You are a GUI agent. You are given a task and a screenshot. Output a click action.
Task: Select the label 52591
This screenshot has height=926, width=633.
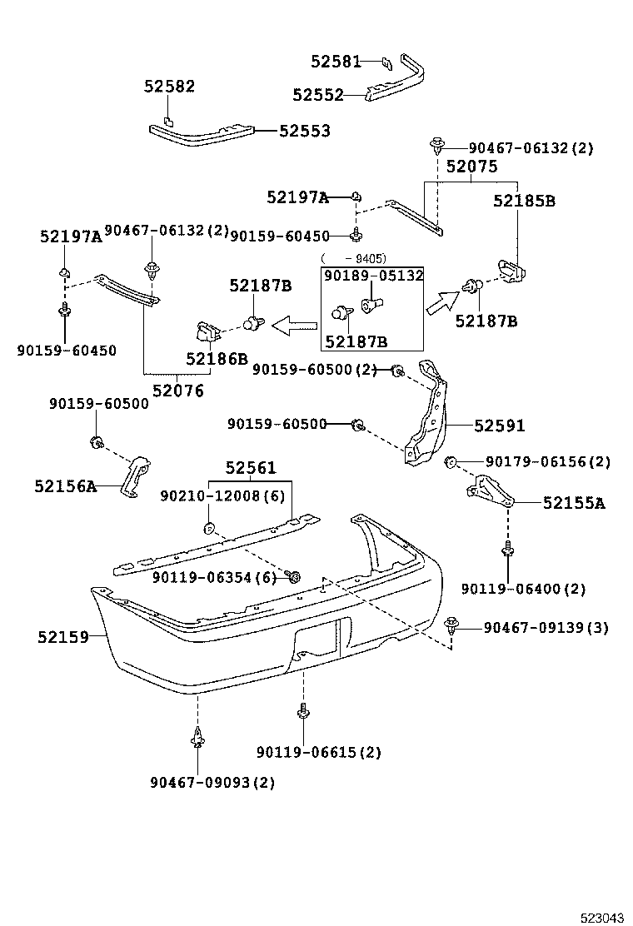tap(500, 426)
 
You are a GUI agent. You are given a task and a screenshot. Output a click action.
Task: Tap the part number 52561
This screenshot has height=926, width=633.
tap(250, 468)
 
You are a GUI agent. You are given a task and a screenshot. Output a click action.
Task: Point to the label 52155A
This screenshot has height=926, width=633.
tap(574, 502)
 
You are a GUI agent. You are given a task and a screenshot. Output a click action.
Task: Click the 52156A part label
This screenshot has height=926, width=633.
tap(66, 485)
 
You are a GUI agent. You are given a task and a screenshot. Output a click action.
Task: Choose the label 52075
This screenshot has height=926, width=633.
tap(471, 167)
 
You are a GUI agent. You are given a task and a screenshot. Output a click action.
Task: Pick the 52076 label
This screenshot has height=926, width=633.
tap(177, 390)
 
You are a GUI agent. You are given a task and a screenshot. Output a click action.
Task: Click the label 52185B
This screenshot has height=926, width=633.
tap(524, 201)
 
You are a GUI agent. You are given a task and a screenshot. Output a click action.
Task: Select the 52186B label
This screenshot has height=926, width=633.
tap(217, 359)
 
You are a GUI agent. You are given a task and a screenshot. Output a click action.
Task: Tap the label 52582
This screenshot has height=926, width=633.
tap(169, 86)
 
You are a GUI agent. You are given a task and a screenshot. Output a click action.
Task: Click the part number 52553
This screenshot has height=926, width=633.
tap(304, 131)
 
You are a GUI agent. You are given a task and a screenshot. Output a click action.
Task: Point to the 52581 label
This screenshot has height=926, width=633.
tap(336, 61)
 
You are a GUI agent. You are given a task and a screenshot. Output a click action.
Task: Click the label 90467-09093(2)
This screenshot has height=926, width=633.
tap(212, 782)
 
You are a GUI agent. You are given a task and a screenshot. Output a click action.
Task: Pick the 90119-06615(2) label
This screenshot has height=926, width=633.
tap(319, 752)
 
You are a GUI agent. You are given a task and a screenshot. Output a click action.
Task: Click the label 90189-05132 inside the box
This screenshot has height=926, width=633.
tap(373, 276)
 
